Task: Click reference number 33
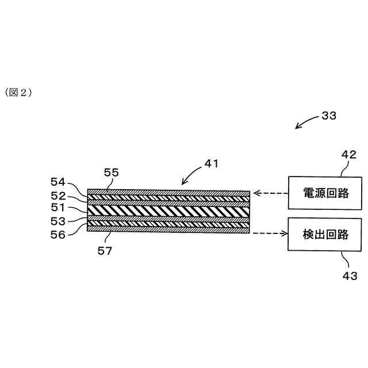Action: click(x=329, y=116)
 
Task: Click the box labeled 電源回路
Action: click(x=326, y=193)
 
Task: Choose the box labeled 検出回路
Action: click(x=326, y=234)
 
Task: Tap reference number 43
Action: click(x=350, y=276)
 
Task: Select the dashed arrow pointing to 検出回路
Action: click(x=269, y=233)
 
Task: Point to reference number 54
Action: click(x=59, y=182)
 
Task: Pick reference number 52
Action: click(x=59, y=195)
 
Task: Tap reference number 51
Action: click(x=59, y=208)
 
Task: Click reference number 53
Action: click(x=59, y=221)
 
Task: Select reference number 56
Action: click(x=59, y=234)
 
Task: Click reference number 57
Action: click(x=105, y=251)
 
